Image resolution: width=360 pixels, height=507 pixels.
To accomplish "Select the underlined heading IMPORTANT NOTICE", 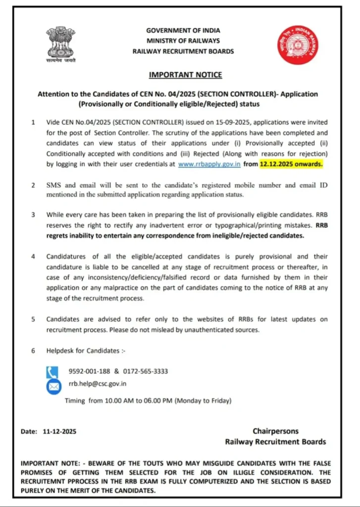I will click(x=186, y=75).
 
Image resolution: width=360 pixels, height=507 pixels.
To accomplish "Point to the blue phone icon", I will click(x=53, y=371).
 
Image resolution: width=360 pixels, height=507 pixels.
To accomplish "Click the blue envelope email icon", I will click(x=53, y=386).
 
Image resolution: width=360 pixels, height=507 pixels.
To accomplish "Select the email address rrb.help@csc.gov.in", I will click(x=98, y=383).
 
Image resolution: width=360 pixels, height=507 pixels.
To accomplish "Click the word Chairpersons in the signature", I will click(x=275, y=431).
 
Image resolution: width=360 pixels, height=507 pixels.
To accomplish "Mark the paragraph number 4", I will click(x=33, y=256).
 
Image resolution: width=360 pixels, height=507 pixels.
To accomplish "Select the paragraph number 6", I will click(x=33, y=351).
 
